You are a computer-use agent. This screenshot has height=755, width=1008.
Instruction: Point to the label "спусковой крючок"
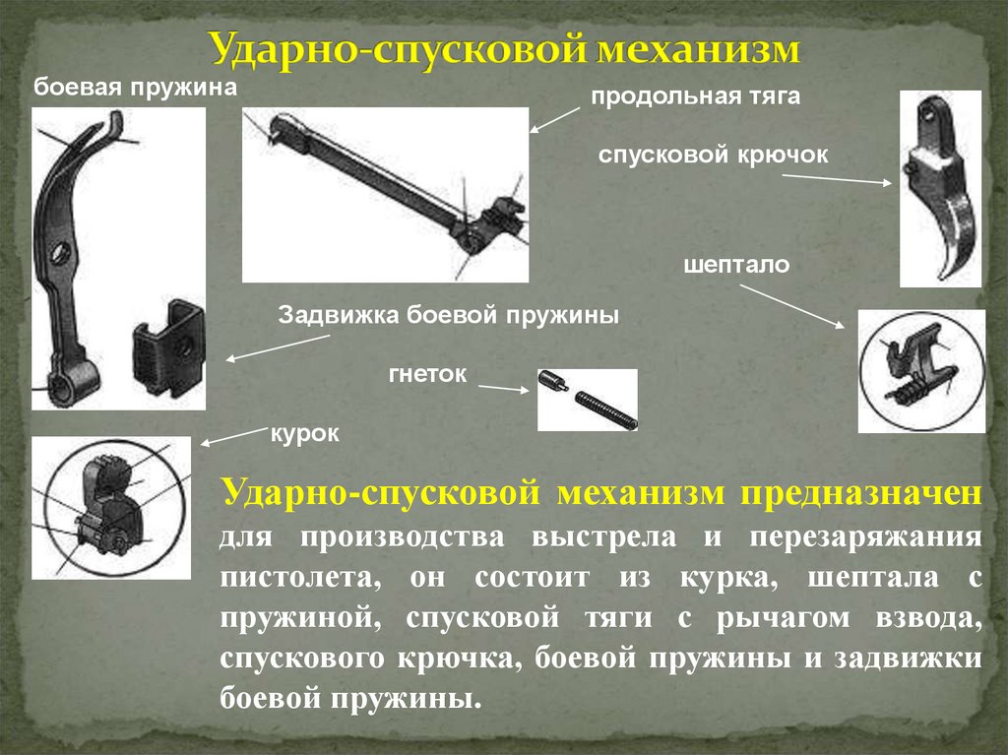click(714, 155)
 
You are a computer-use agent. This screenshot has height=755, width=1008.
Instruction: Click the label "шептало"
click(737, 265)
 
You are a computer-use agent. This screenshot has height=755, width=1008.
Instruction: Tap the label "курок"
click(305, 433)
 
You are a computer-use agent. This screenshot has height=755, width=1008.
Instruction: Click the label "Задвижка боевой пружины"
click(448, 317)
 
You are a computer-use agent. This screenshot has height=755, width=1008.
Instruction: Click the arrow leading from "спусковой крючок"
click(839, 178)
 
